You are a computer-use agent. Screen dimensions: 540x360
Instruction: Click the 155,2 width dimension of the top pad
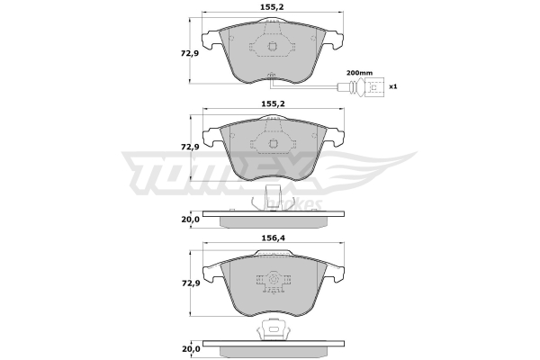[x=272, y=7]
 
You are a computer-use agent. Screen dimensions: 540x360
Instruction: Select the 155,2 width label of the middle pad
[x=272, y=103]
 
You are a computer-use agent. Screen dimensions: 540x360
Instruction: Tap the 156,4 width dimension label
[x=272, y=238]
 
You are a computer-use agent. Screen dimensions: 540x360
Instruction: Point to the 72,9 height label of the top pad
[x=190, y=53]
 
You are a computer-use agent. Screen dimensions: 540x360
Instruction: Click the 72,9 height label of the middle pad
[x=190, y=147]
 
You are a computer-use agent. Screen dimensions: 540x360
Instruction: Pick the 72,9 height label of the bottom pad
[x=190, y=283]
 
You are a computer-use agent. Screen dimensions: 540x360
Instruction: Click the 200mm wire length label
[x=359, y=73]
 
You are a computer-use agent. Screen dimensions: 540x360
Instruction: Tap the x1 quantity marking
[x=393, y=86]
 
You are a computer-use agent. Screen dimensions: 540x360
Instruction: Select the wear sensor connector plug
[x=374, y=87]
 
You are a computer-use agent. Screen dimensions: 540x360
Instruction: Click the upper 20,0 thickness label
[x=191, y=219]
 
